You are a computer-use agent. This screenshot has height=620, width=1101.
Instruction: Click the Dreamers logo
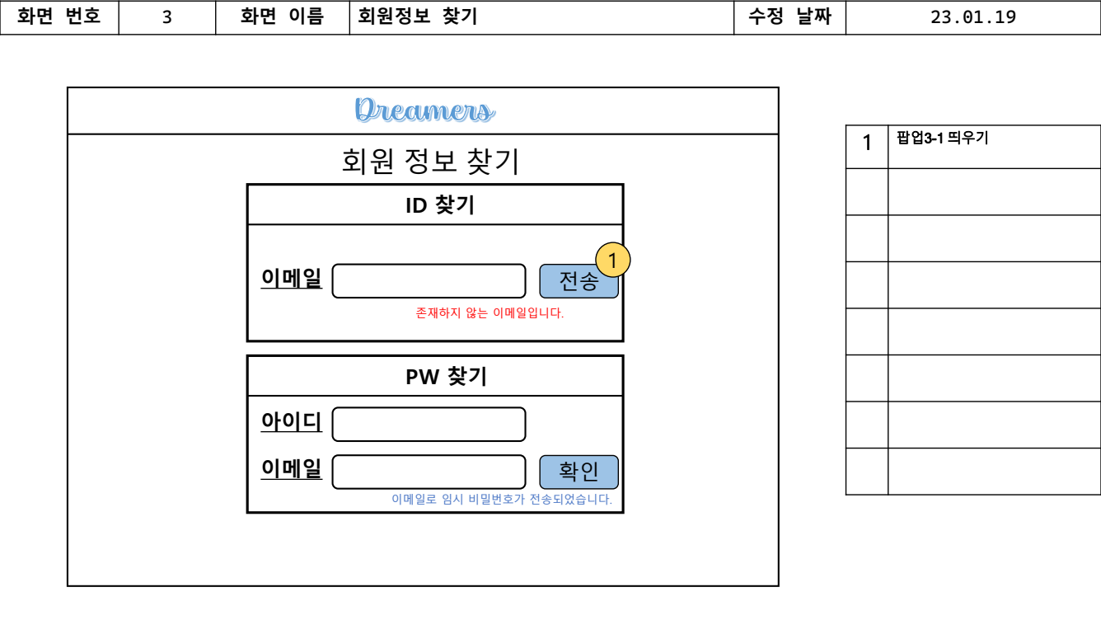(x=425, y=110)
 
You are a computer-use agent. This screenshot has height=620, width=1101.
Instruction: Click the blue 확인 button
(x=579, y=472)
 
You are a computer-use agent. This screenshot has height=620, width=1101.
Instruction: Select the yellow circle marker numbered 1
(x=612, y=260)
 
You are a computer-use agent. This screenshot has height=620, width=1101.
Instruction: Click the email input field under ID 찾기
(x=429, y=281)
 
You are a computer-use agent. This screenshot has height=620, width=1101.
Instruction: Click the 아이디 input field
(x=429, y=425)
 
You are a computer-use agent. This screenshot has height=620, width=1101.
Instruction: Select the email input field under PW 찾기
(x=429, y=472)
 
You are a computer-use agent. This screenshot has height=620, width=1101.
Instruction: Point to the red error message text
(x=490, y=313)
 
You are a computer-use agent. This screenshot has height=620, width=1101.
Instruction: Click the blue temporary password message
(x=502, y=500)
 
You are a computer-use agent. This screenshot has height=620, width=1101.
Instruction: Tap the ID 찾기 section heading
(x=439, y=205)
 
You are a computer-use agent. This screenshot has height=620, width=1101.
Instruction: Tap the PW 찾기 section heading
(x=446, y=377)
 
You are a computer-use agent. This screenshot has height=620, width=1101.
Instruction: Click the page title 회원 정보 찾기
(x=430, y=162)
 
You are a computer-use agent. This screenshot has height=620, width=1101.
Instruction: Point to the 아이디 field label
(x=292, y=422)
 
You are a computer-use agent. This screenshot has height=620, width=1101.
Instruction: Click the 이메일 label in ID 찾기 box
(x=292, y=279)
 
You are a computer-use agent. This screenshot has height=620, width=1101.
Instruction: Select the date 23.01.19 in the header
(x=972, y=17)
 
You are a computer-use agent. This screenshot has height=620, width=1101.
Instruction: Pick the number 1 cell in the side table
(x=867, y=144)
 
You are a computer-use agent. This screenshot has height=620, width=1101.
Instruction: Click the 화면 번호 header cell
(x=59, y=17)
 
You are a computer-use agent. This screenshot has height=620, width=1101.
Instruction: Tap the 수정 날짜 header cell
(x=789, y=17)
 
